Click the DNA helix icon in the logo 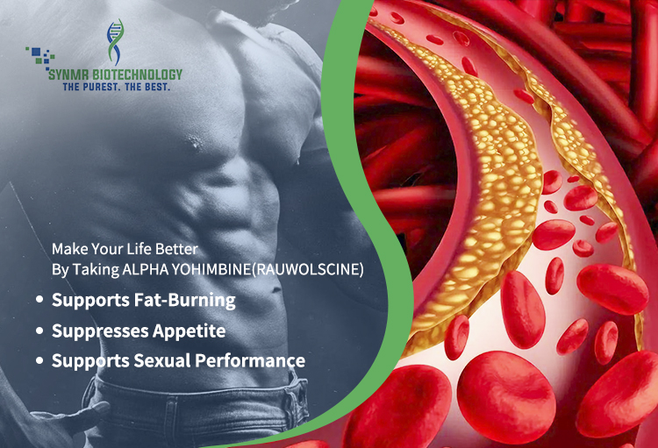pyautogui.click(x=115, y=42)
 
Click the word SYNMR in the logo pyautogui.click(x=68, y=75)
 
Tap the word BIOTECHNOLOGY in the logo pyautogui.click(x=137, y=75)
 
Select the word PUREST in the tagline pyautogui.click(x=101, y=87)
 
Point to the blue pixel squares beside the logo pyautogui.click(x=40, y=57)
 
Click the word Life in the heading pyautogui.click(x=139, y=249)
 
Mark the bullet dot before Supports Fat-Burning pyautogui.click(x=39, y=300)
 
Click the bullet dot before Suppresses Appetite pyautogui.click(x=39, y=331)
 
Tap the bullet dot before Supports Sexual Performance pyautogui.click(x=39, y=360)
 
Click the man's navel pyautogui.click(x=275, y=289)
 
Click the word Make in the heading pyautogui.click(x=69, y=249)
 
